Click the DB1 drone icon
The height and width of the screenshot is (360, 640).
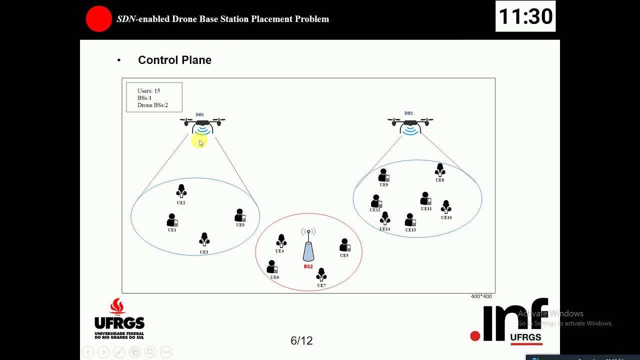point(202,125)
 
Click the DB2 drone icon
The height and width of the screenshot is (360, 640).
point(410,124)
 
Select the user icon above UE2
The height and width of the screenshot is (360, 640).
point(181,191)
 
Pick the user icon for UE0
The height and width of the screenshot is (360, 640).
point(240,215)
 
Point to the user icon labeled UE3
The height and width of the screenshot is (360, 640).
point(204,240)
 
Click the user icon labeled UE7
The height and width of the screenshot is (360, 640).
point(321,275)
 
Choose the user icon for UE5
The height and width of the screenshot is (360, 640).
point(344,245)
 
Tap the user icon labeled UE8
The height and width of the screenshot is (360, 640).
point(440,170)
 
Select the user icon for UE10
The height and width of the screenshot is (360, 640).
point(446,207)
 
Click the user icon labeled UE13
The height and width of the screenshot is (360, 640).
point(410,220)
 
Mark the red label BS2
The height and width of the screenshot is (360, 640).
point(308,266)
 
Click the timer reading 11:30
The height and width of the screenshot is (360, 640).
point(525,16)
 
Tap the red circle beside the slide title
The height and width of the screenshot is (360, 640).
point(99,19)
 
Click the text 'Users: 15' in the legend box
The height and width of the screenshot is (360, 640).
point(148,91)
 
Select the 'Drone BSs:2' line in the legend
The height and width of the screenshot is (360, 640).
point(152,105)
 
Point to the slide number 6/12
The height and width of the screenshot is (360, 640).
point(301,340)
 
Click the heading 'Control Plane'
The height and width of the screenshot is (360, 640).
point(174,60)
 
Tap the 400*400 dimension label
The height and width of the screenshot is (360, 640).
point(481,296)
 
